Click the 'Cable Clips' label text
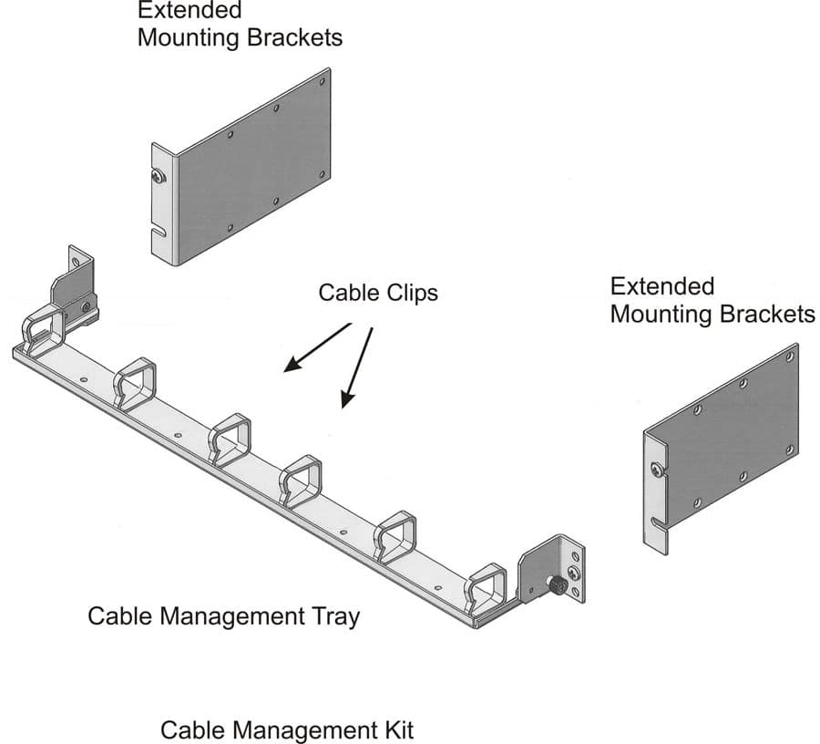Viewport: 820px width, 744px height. click(378, 293)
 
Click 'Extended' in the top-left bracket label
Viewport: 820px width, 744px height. click(190, 11)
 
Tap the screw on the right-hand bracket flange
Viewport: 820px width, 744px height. click(656, 470)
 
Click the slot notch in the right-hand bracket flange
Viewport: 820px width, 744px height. click(658, 523)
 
